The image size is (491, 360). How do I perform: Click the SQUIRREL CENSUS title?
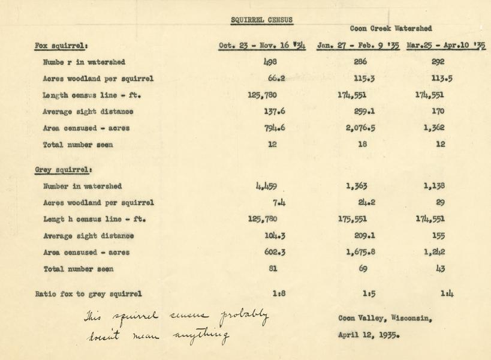coord(262,20)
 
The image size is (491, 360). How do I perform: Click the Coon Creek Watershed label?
coord(390,28)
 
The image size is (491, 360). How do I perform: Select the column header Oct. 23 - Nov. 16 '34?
coord(262,46)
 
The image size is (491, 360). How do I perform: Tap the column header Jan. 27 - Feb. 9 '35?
coord(358,46)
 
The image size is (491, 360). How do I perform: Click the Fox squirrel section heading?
coord(62,46)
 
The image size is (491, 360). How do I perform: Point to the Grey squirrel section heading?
coord(64,170)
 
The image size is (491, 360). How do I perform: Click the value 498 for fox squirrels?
coord(272,62)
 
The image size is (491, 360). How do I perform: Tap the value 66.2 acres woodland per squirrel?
coord(272,79)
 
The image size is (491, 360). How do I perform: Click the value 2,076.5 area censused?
coord(360,128)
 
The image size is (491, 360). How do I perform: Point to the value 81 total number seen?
coord(273,269)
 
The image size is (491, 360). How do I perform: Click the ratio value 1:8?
coord(278,294)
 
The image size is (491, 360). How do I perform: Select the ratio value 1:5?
coord(369,294)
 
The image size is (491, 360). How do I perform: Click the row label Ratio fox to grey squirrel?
coord(89,294)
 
